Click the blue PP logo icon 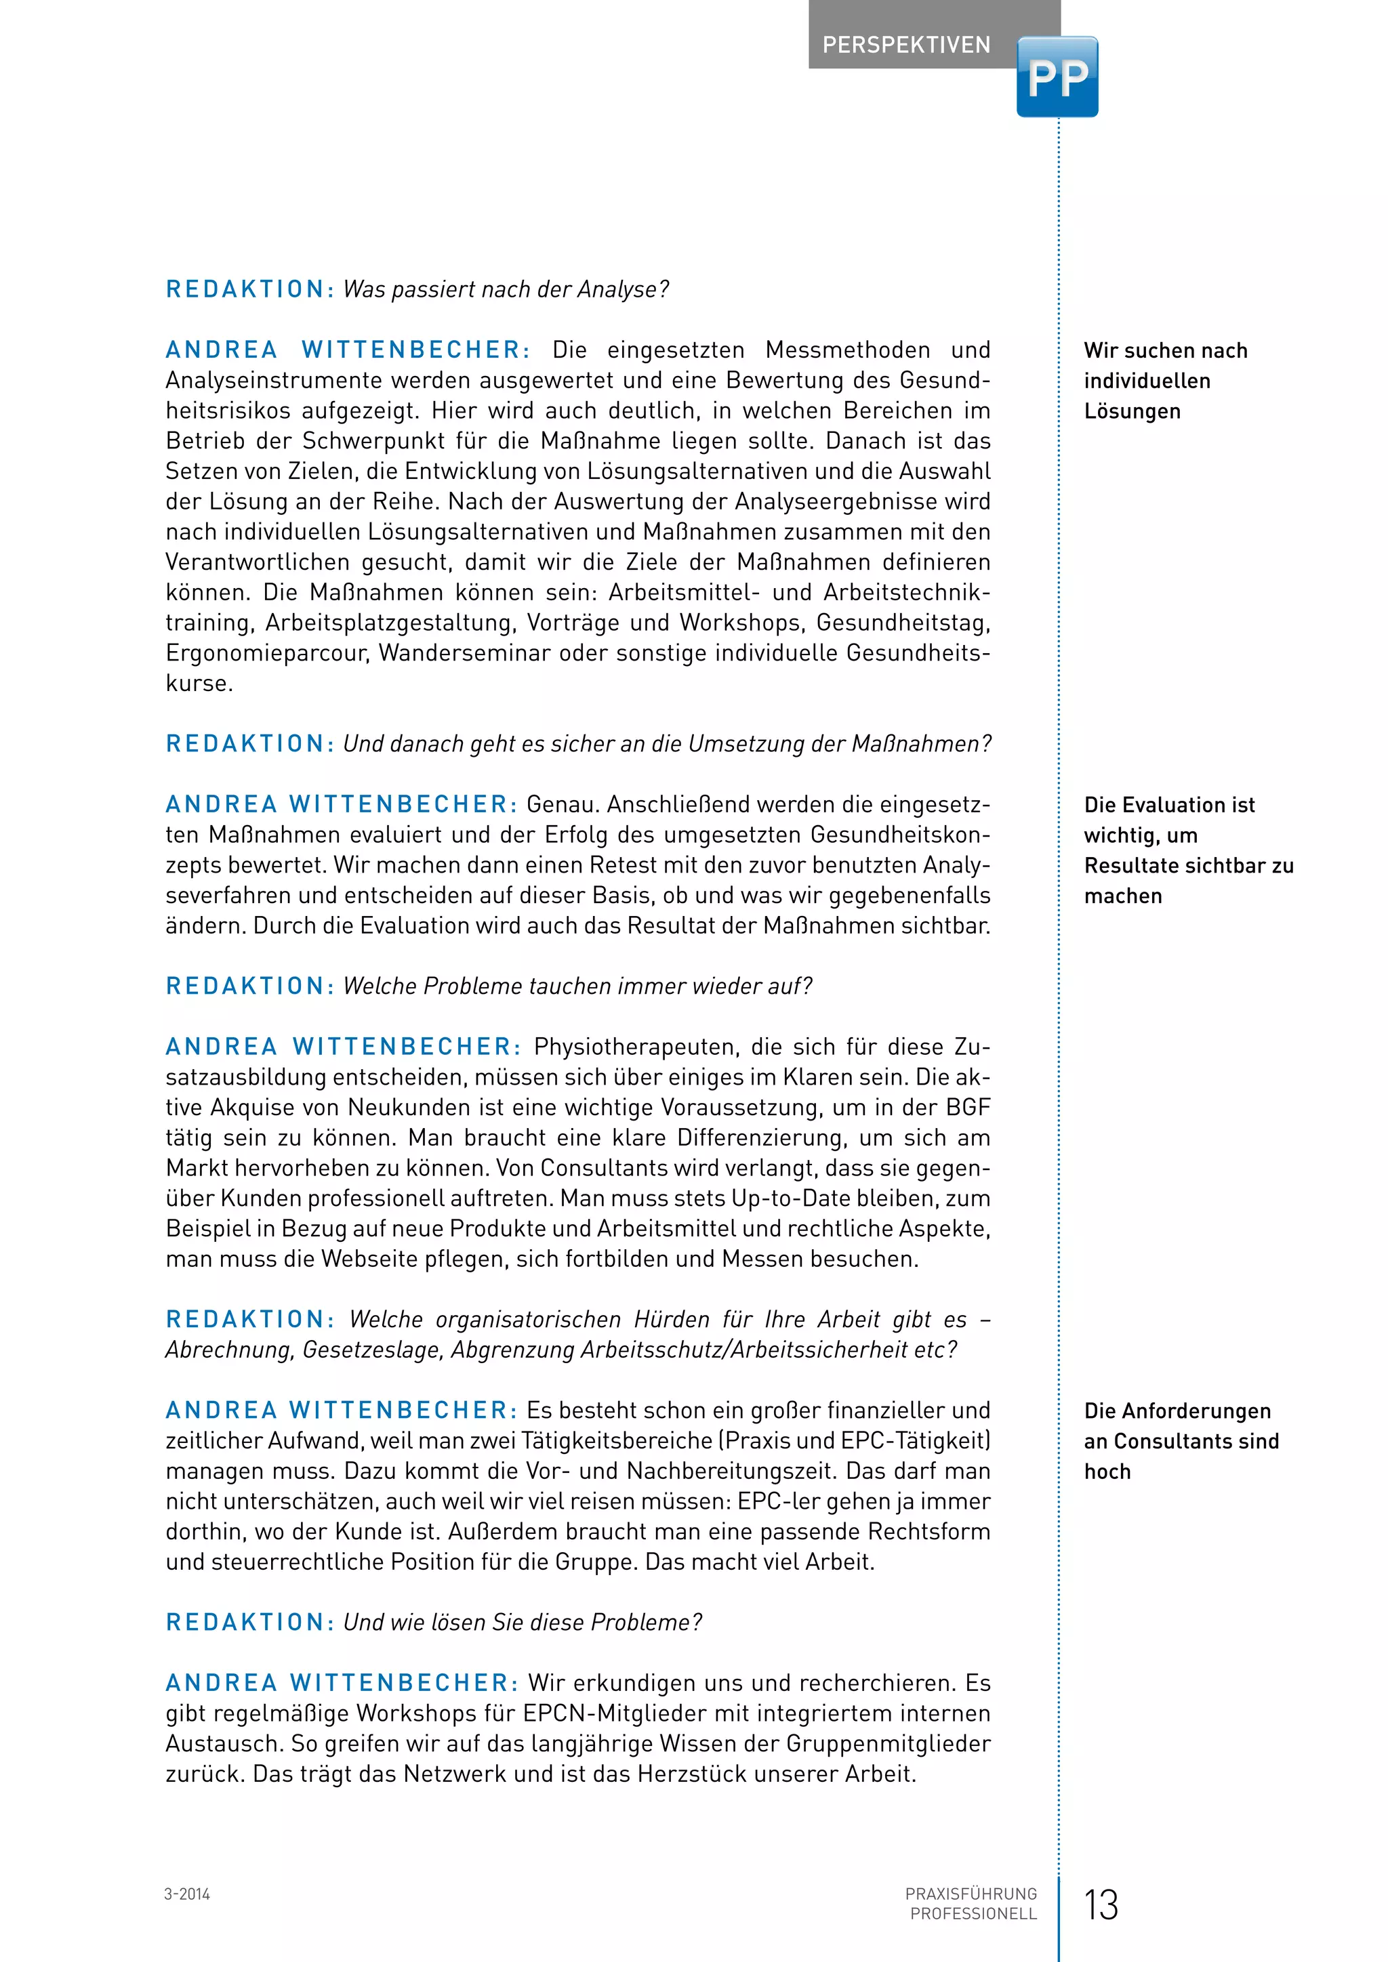(x=1057, y=77)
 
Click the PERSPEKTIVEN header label (x=906, y=45)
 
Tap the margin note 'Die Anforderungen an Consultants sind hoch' (x=1181, y=1441)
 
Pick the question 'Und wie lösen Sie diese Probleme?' (x=523, y=1622)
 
